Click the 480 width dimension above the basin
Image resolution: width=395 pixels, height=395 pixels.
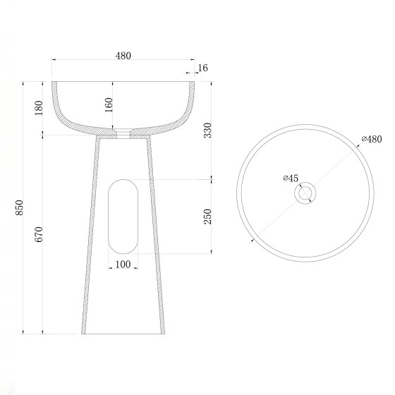click(x=123, y=56)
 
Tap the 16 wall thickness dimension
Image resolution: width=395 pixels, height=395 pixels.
click(x=202, y=68)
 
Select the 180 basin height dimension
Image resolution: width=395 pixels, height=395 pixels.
click(x=39, y=108)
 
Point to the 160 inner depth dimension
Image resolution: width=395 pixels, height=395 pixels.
click(x=109, y=105)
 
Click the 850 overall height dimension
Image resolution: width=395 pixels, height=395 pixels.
click(x=20, y=207)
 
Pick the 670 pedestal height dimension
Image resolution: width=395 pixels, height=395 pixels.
click(x=39, y=234)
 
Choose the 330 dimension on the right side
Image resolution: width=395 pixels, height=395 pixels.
click(x=208, y=130)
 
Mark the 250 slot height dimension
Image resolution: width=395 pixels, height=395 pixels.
click(x=208, y=217)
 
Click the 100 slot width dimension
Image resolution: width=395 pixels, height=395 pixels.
click(x=123, y=265)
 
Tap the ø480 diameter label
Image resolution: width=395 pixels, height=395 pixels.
click(x=372, y=139)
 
